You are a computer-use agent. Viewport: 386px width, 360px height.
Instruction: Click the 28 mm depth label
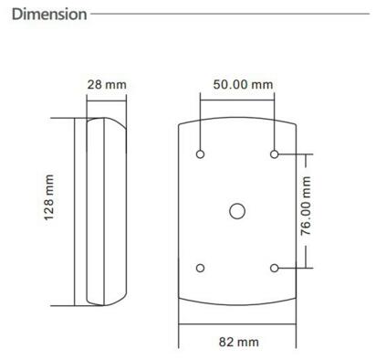tap(106, 85)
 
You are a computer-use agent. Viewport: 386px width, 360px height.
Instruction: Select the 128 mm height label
tap(50, 211)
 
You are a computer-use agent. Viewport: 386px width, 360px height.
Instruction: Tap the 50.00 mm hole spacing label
tap(236, 85)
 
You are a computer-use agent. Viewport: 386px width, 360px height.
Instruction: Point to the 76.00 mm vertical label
tap(307, 209)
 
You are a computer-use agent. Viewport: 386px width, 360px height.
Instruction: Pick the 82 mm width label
tap(236, 342)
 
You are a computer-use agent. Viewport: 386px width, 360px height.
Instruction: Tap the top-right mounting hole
tap(274, 154)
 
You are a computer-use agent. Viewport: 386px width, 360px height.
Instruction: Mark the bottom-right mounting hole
tap(274, 267)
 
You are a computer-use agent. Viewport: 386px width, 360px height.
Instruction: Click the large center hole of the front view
tap(237, 210)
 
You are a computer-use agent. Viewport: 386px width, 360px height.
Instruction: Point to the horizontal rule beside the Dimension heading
tap(237, 15)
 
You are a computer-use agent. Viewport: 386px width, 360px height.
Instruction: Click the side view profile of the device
tap(102, 211)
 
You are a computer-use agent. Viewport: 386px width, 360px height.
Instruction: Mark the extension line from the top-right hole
tap(292, 154)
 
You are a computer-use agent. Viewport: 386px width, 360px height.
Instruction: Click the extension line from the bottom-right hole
tap(292, 267)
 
